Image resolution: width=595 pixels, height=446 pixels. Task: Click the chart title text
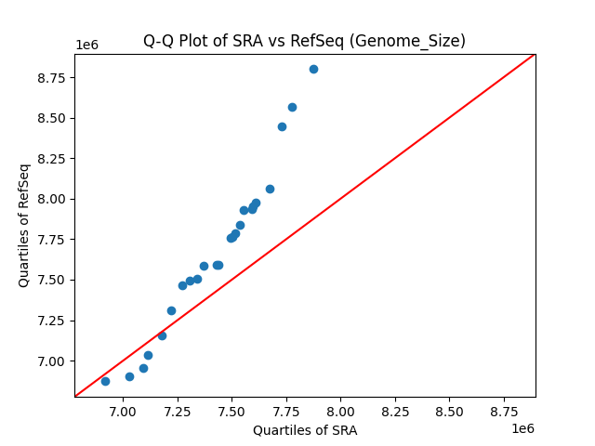pyautogui.click(x=304, y=41)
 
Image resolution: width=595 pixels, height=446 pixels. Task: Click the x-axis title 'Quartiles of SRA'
pyautogui.click(x=304, y=430)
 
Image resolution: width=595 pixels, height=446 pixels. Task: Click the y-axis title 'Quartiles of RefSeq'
pyautogui.click(x=24, y=225)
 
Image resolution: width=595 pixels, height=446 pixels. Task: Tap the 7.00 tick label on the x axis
pyautogui.click(x=123, y=411)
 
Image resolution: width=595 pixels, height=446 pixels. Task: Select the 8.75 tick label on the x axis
pyautogui.click(x=503, y=411)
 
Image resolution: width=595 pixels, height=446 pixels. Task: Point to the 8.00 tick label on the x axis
pyautogui.click(x=340, y=411)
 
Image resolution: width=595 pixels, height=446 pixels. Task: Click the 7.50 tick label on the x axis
pyautogui.click(x=231, y=411)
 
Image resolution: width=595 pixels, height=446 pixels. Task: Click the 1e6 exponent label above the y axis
pyautogui.click(x=87, y=45)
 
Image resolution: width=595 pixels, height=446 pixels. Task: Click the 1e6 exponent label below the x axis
pyautogui.click(x=522, y=428)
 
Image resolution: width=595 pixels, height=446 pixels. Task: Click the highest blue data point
pyautogui.click(x=313, y=69)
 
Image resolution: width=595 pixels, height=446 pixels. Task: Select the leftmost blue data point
pyautogui.click(x=105, y=381)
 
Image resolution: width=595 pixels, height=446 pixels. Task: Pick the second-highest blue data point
pyautogui.click(x=292, y=107)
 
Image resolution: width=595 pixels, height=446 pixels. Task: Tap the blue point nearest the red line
pyautogui.click(x=162, y=335)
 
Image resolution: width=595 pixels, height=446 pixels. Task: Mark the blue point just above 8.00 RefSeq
pyautogui.click(x=270, y=189)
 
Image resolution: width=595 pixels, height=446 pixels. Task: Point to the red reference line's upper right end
pyautogui.click(x=535, y=54)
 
